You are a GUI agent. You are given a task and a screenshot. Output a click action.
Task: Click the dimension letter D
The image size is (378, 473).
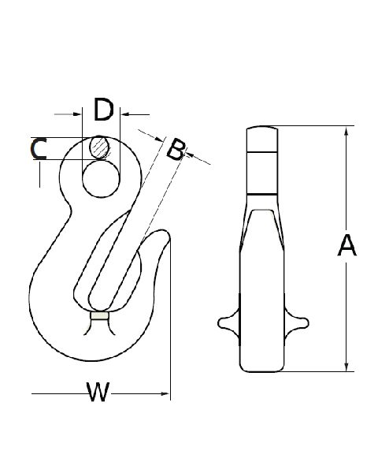(104, 110)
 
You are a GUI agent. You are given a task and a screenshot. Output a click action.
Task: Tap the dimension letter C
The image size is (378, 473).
(39, 149)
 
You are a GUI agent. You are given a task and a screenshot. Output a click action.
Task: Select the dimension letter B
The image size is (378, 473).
(176, 150)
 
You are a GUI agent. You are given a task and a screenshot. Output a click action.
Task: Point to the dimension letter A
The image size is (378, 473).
(346, 245)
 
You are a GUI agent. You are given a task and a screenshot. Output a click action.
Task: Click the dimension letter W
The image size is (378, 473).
(98, 392)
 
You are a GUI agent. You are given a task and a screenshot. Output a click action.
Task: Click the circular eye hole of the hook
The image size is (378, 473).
(101, 179)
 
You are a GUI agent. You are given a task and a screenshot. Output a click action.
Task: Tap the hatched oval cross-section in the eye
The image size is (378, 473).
(99, 147)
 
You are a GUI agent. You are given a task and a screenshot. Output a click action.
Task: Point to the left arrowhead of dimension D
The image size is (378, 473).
(77, 114)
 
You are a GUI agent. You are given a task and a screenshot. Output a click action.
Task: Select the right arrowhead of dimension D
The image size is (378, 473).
(125, 114)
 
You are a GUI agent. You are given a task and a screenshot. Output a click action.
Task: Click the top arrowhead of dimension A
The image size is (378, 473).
(346, 132)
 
